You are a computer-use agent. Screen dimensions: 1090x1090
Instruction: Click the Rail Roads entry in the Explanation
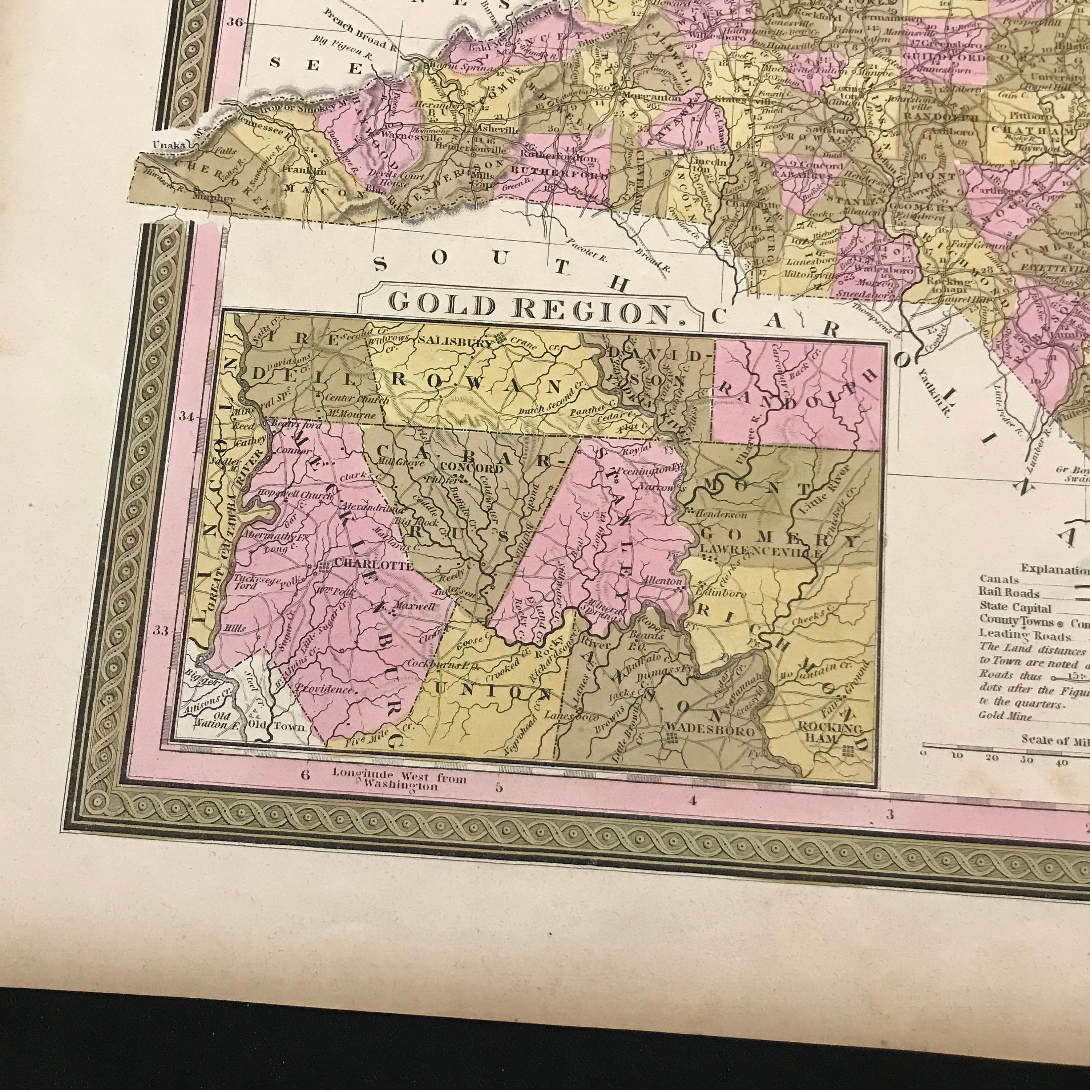coord(1009,594)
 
